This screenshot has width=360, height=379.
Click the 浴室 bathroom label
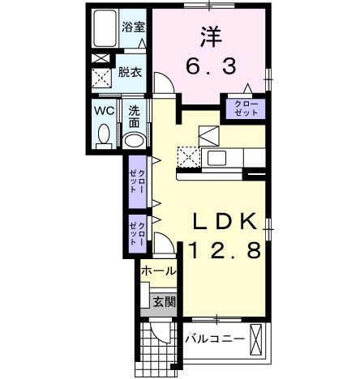coord(134,26)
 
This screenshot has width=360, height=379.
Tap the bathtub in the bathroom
coord(105,29)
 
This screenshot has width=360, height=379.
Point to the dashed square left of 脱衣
coord(104,78)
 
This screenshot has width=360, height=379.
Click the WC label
coord(103,109)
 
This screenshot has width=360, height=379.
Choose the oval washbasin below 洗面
coord(135,140)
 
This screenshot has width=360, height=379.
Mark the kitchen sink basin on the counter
coord(216,156)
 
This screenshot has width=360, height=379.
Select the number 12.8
coord(226,251)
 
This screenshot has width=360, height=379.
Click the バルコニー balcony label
coord(215,338)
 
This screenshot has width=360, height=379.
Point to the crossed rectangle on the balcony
coord(257,338)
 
